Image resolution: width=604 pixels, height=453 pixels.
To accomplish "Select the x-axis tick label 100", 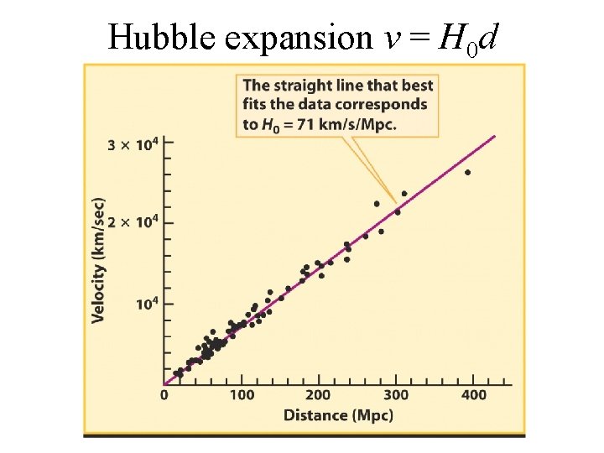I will [242, 395].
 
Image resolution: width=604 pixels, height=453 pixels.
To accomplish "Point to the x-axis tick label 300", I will [398, 395].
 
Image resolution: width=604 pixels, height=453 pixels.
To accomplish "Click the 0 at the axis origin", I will [164, 395].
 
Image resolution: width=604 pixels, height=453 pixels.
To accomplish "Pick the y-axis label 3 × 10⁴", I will [132, 144].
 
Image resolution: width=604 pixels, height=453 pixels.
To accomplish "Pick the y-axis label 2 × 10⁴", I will [132, 222].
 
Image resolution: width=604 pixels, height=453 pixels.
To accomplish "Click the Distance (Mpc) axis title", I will [338, 414].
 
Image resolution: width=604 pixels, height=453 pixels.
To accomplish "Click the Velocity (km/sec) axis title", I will [99, 259].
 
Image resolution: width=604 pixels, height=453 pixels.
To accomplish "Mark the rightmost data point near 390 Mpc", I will [467, 173].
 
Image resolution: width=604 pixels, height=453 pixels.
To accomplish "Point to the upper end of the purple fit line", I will [495, 136].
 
